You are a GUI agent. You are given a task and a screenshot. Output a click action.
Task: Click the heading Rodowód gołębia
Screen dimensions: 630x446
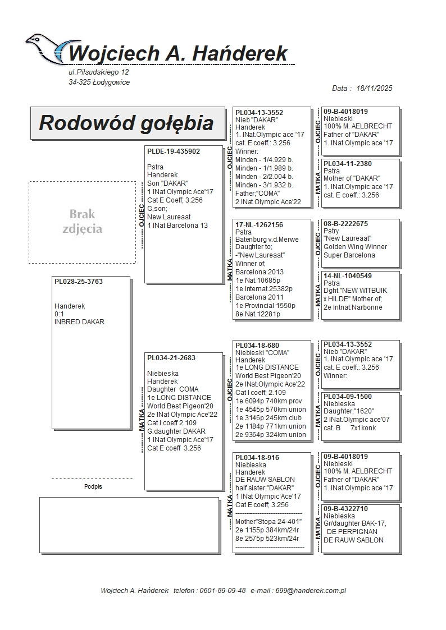click(126, 123)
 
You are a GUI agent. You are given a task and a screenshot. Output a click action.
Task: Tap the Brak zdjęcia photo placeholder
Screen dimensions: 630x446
click(82, 222)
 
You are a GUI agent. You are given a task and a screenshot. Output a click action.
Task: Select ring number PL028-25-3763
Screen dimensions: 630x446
click(79, 282)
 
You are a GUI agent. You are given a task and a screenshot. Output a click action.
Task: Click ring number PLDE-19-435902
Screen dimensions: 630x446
click(173, 151)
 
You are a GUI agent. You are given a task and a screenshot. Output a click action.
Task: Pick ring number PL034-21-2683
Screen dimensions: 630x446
click(171, 358)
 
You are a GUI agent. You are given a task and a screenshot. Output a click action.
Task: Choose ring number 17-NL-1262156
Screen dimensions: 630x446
click(259, 225)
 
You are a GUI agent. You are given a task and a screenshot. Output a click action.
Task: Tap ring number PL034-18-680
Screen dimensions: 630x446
click(257, 346)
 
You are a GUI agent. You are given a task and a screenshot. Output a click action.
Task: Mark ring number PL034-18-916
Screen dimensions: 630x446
click(257, 458)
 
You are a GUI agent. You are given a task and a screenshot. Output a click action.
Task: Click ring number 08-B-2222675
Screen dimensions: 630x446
click(345, 224)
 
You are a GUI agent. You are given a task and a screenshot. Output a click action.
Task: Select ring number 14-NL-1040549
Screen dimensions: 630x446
click(347, 276)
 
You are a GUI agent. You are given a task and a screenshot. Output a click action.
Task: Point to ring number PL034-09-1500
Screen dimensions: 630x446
click(347, 397)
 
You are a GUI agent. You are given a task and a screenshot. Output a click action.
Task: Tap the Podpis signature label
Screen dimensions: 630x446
click(93, 487)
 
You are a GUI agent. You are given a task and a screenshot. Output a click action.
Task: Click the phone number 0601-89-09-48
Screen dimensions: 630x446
click(224, 591)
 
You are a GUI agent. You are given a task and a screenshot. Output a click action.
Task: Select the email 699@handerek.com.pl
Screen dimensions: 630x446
click(313, 591)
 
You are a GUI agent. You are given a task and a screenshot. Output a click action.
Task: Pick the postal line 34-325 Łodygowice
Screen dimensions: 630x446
click(99, 82)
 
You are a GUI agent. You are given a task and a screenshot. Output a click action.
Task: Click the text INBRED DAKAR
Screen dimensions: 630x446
click(79, 322)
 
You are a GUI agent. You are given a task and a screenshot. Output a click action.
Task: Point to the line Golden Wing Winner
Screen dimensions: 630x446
click(355, 247)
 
